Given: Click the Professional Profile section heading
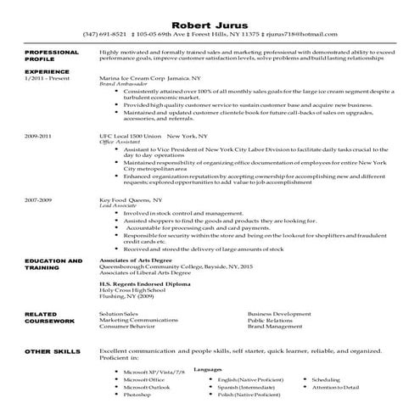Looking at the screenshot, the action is coord(47,57).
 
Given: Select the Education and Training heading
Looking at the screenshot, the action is coord(53,263).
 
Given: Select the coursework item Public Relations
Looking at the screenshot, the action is coord(270,320).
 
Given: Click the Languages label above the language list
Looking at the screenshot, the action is coord(208,370).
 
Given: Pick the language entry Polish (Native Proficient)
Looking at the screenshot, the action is coord(250,395).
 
